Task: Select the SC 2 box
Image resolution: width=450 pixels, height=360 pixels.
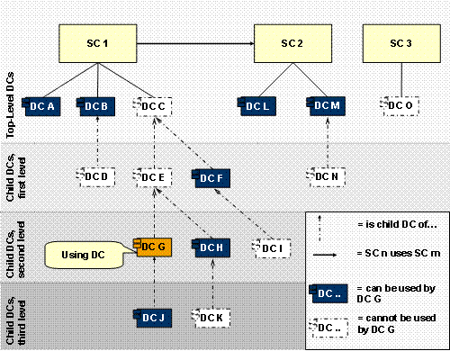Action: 292,44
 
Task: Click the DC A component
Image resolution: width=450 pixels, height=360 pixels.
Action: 41,107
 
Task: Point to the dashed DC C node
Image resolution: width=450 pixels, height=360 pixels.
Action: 152,107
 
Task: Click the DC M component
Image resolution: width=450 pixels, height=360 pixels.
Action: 328,107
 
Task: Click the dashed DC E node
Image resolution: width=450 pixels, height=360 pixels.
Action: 152,176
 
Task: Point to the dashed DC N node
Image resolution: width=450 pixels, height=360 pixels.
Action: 328,175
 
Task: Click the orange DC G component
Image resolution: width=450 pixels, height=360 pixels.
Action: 154,246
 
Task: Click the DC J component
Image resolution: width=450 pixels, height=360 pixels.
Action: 154,316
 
